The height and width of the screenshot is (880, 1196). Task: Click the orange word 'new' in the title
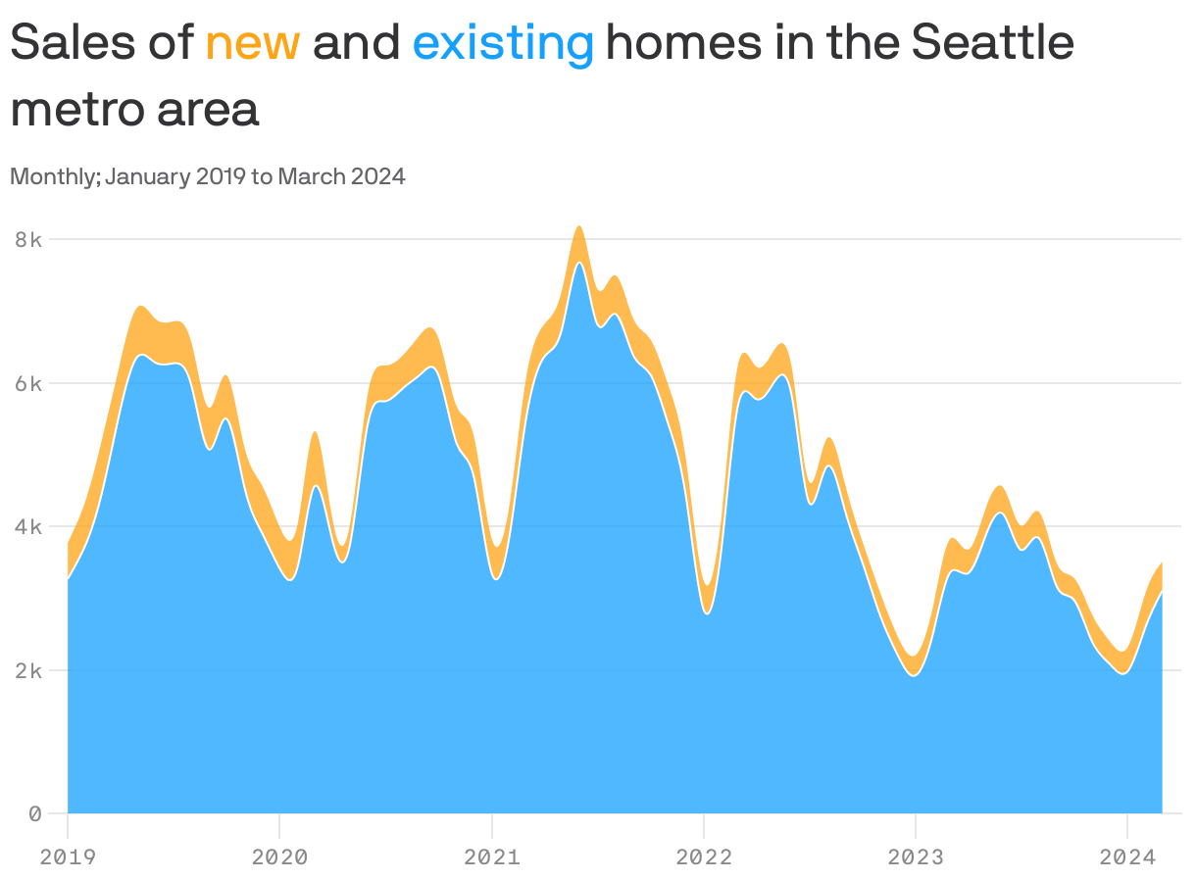pos(252,43)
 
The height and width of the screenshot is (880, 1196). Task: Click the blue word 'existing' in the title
pos(503,43)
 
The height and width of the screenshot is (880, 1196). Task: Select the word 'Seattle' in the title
pos(991,43)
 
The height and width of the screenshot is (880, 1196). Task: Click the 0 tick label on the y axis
pos(33,813)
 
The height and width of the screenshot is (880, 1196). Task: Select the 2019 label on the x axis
pos(68,857)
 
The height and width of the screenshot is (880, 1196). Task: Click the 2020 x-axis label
pos(279,857)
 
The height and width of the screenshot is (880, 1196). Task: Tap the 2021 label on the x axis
pos(491,857)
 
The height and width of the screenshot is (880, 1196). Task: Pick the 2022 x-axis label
pos(703,857)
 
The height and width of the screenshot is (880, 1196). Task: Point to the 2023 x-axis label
pos(915,857)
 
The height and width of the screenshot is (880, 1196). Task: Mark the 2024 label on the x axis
pos(1126,857)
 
